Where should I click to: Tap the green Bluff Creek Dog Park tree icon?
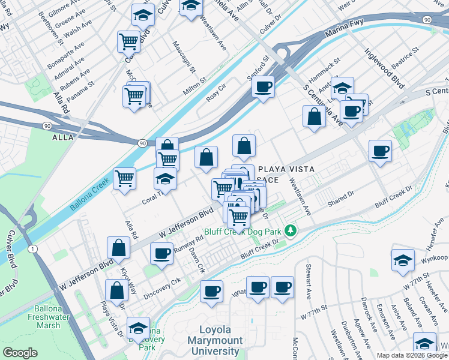coord(291,230)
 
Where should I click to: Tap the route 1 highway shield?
coord(32,248)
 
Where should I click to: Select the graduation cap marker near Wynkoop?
coord(402,260)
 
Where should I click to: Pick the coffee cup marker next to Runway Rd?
coord(161,254)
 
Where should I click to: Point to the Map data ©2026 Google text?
coord(411,355)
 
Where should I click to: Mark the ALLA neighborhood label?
coord(63,137)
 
